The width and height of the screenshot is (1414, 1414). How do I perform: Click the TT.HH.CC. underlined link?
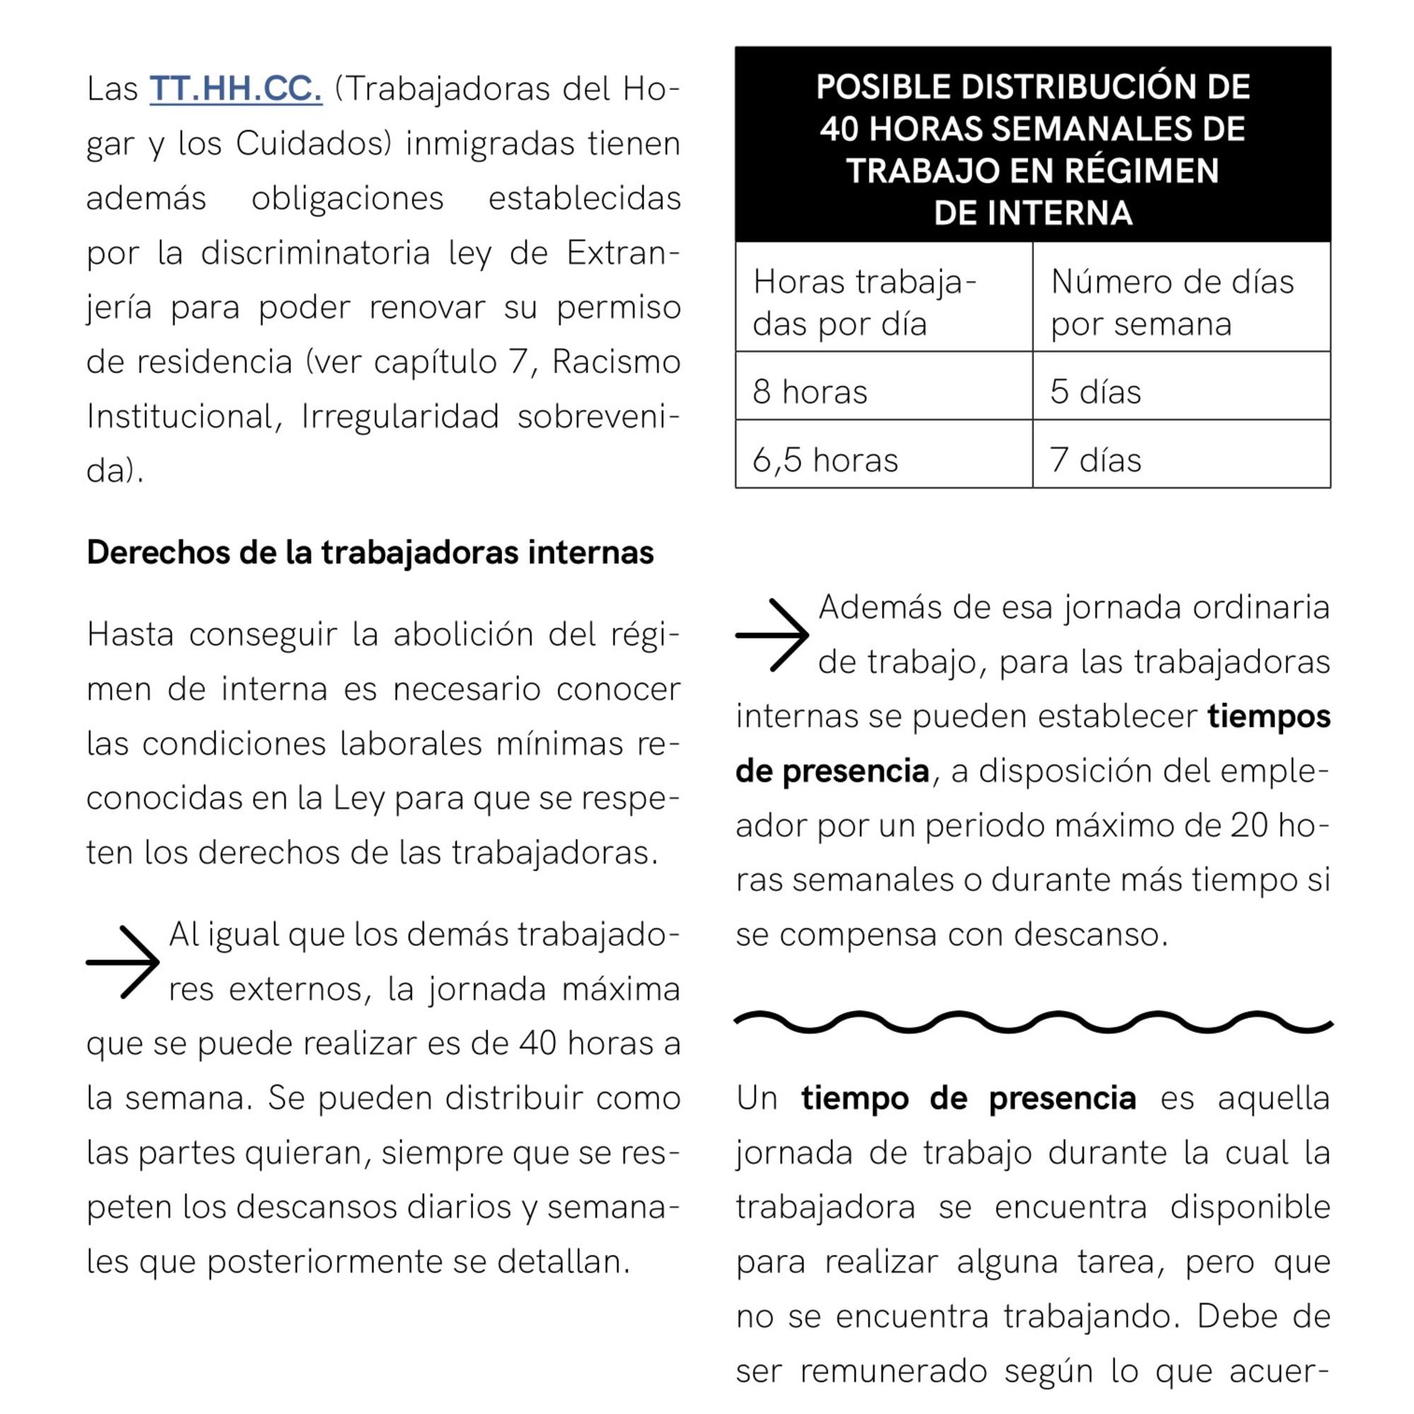pos(235,89)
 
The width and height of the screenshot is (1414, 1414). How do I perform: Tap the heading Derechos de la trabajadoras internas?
pos(370,553)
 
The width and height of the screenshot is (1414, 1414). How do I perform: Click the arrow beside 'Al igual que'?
pos(123,962)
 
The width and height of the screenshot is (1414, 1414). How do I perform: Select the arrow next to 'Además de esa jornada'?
pos(772,635)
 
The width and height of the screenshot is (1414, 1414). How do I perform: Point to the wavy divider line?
pos(1033,1022)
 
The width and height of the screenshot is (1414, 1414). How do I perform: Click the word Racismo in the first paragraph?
pos(616,361)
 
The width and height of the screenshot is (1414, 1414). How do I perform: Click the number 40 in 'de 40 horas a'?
pos(538,1044)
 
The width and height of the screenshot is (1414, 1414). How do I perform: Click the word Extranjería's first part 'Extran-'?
pos(623,253)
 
